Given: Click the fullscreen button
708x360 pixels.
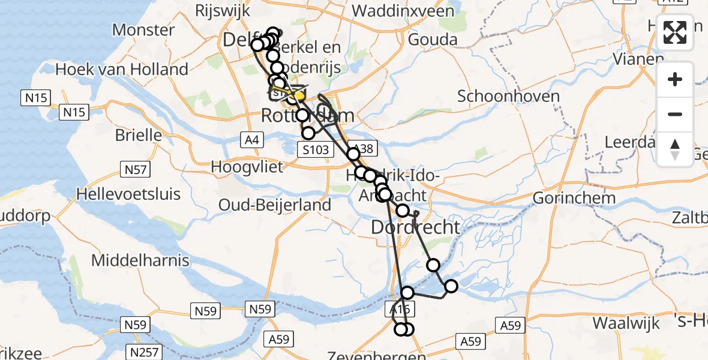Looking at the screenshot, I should pos(675,32).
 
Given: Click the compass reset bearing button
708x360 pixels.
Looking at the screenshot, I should pos(675,149).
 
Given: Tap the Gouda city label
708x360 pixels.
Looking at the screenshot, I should pos(432,40).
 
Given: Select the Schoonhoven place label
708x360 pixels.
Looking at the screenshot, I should pos(500,96).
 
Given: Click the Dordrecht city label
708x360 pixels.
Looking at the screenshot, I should pos(416,227).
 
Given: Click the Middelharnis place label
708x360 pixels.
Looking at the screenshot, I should pos(140,260).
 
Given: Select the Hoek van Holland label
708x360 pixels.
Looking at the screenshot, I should pos(122,69).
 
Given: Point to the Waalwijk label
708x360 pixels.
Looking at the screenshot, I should pos(626,323).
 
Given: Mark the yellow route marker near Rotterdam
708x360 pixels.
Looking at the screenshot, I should pos(299,95).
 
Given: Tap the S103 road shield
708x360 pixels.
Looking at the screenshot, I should pos(315,149).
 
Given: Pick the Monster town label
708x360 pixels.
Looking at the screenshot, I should pos(143,29).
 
